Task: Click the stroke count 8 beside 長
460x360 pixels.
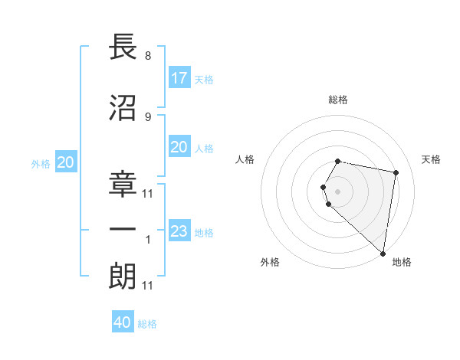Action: pos(147,56)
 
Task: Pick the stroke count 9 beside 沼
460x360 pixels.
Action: pos(147,116)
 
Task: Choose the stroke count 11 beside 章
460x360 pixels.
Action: pos(148,193)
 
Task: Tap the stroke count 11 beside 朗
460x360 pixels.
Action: pos(148,286)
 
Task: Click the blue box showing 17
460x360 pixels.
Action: pos(179,78)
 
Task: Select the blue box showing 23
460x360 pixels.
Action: pos(179,231)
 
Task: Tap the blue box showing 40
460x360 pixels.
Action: pos(123,322)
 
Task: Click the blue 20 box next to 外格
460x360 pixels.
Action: pos(66,162)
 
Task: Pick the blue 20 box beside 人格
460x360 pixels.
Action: pos(179,147)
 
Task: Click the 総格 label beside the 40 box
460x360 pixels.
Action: pos(147,324)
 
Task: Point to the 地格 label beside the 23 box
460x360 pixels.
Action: pos(204,233)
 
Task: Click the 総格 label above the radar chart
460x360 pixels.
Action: pos(337,100)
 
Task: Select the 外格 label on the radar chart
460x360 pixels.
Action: pos(269,262)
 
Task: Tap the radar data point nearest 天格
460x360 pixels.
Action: pos(396,172)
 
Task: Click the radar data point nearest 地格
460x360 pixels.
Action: pos(383,253)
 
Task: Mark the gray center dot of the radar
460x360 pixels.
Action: pos(337,190)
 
